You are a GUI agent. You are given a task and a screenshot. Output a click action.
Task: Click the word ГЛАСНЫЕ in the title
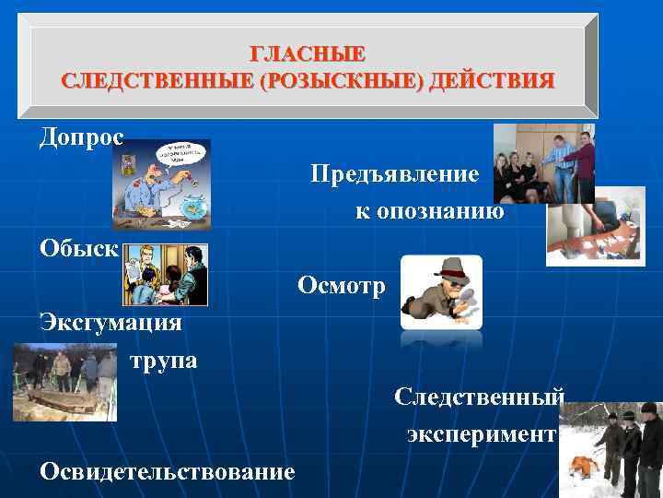tap(308, 54)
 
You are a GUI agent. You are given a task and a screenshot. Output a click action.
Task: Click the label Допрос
tap(81, 137)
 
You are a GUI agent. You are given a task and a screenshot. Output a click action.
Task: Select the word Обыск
tap(78, 248)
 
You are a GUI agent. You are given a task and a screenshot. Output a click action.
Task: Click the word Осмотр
tap(343, 286)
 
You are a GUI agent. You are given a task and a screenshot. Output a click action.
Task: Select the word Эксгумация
tap(110, 323)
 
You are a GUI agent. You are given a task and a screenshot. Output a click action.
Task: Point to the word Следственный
tap(478, 397)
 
